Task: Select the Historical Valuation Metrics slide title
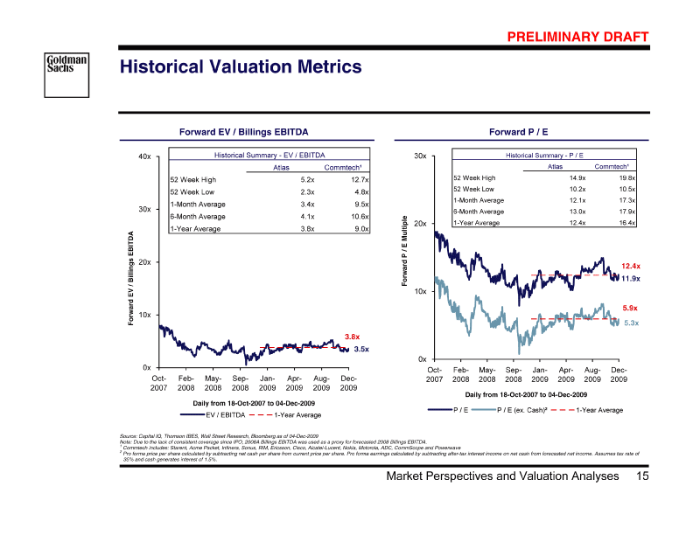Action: click(240, 67)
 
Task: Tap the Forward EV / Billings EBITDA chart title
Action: click(243, 132)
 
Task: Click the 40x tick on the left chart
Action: click(144, 156)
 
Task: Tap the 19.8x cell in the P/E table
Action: click(626, 177)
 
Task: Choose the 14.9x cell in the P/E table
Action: click(577, 177)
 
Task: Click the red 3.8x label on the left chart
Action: click(353, 337)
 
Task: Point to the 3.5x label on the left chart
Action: click(361, 350)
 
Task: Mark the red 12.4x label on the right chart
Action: click(631, 266)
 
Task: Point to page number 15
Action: click(642, 476)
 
